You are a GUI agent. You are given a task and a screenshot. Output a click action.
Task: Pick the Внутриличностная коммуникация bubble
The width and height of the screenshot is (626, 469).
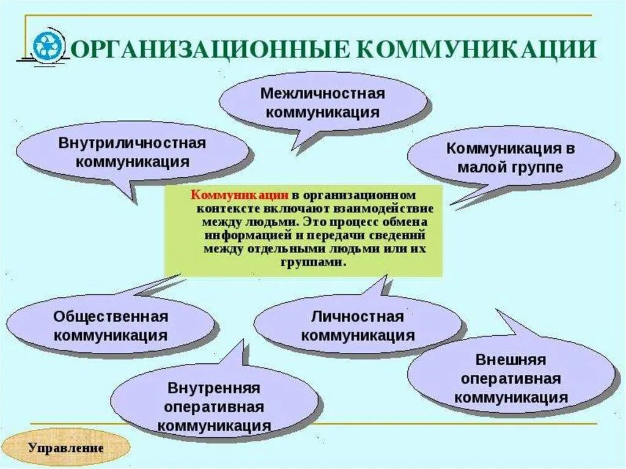click(x=131, y=152)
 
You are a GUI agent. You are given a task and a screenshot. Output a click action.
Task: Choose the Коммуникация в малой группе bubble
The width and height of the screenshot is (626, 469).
click(x=510, y=157)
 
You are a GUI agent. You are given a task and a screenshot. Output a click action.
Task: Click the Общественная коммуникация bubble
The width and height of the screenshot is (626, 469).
click(x=111, y=326)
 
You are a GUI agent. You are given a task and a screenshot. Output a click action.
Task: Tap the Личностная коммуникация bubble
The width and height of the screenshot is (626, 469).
click(x=358, y=326)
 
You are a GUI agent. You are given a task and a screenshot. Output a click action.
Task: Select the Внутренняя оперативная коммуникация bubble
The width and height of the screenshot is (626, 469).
click(x=214, y=407)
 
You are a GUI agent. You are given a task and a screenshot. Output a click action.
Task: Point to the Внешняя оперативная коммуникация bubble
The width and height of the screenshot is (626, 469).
click(x=510, y=379)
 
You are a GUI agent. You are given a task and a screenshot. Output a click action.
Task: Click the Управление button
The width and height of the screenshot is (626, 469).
click(x=66, y=446)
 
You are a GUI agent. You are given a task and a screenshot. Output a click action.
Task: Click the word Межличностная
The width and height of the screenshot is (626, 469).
click(x=322, y=94)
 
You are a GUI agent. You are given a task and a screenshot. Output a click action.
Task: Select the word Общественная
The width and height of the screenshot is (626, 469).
click(x=111, y=317)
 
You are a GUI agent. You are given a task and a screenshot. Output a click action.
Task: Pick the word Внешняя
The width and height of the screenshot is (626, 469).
click(x=510, y=360)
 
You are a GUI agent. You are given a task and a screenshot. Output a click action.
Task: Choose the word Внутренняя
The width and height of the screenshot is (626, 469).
click(x=214, y=388)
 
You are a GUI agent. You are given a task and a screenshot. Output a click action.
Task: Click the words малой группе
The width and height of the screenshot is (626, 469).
click(x=510, y=167)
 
